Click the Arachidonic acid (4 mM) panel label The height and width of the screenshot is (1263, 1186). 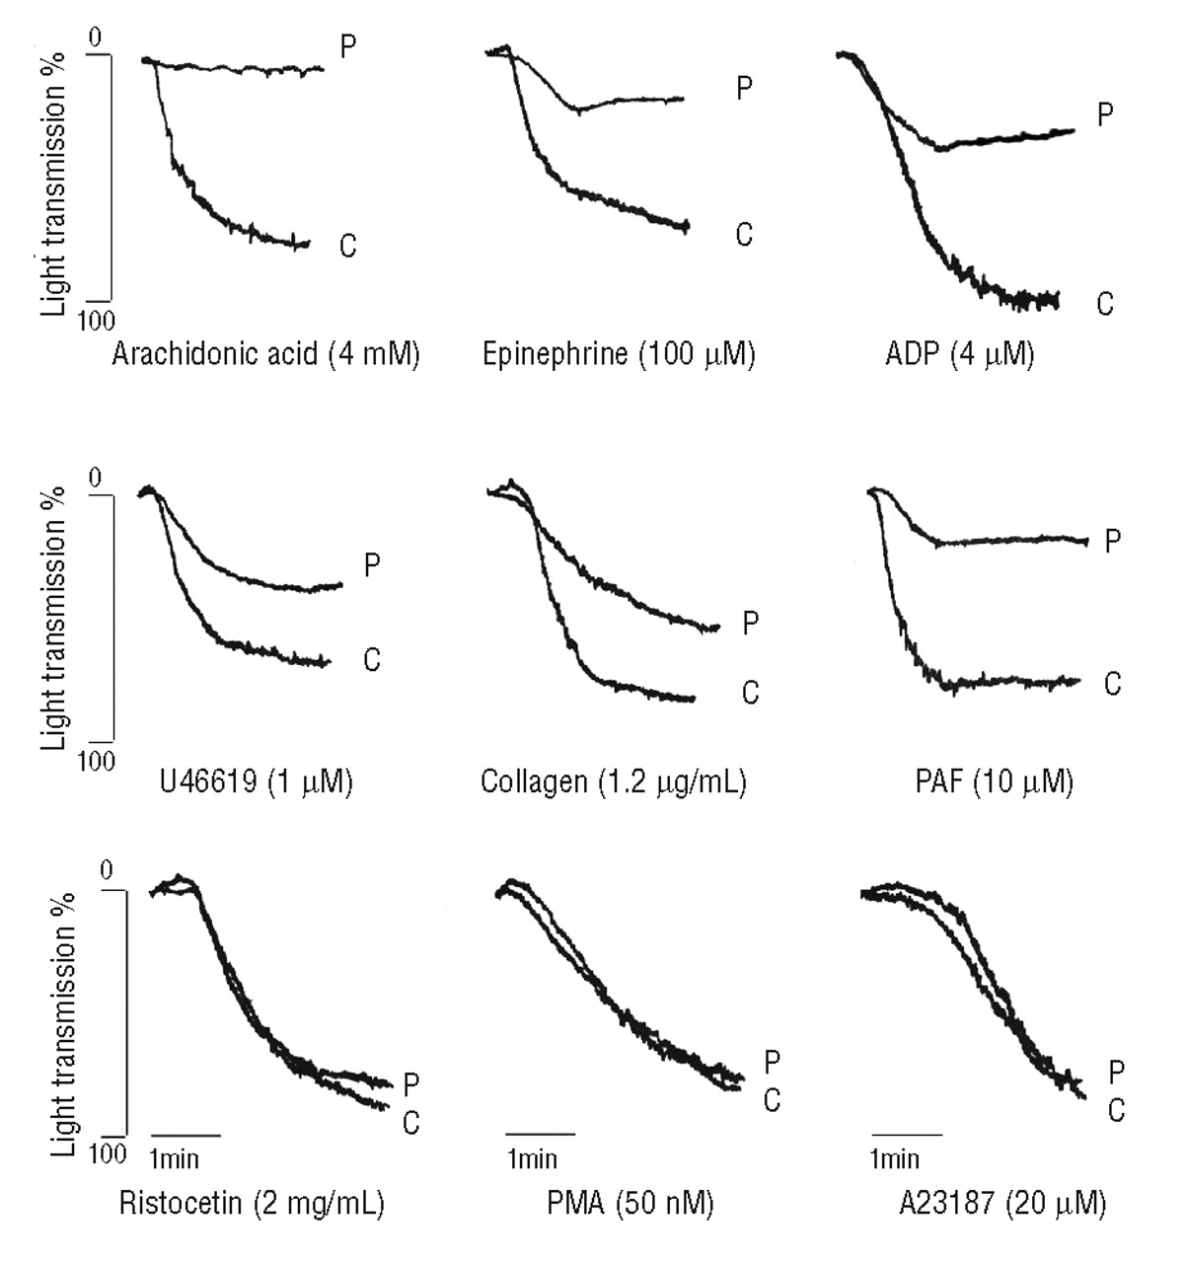[266, 353]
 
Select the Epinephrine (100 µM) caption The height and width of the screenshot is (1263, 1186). [619, 353]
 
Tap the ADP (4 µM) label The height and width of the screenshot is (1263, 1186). [960, 353]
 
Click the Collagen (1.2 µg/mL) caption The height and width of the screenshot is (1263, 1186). [613, 782]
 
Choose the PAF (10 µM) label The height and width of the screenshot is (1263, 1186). [994, 782]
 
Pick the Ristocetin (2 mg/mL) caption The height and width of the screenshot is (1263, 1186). [252, 1203]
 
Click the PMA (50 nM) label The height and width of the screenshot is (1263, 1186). [630, 1203]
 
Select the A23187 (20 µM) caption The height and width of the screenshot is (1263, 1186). [987, 1203]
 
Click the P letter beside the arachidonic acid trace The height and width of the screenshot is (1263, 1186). [348, 46]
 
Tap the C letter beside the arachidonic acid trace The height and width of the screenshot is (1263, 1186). [347, 246]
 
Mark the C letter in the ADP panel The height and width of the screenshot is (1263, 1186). [1105, 304]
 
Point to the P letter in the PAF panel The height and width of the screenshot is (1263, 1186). [1113, 541]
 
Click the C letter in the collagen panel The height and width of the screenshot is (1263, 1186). [751, 693]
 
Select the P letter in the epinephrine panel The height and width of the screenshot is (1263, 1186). [745, 89]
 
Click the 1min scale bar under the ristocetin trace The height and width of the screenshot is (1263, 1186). [185, 1135]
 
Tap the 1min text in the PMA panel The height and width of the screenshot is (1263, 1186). [533, 1157]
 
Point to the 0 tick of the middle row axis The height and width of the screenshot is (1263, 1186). [96, 480]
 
